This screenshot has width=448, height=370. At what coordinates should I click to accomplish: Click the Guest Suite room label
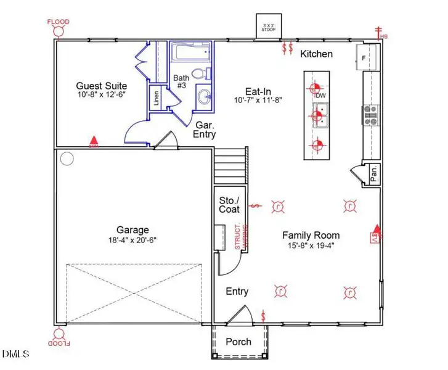pos(102,86)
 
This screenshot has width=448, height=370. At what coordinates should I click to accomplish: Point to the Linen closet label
pos(156,99)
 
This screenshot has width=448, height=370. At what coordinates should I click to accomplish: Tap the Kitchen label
pos(316,54)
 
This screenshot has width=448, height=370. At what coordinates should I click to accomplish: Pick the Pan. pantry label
pos(373,175)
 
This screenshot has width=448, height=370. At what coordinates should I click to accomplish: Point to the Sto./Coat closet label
pos(229,205)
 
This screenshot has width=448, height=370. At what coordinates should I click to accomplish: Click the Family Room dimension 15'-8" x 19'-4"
pos(311,245)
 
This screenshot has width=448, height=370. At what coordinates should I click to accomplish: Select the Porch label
pos(238,342)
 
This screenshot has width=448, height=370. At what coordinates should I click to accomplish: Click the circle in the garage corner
pos(67,158)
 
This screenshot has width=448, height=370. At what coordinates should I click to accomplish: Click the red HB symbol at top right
pos(381,32)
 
